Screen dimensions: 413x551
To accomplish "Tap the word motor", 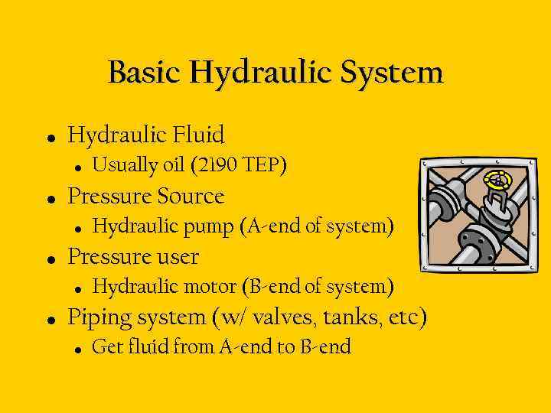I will (214, 287).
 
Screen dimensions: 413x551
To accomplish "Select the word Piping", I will (99, 317).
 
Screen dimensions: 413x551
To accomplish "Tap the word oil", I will (172, 165).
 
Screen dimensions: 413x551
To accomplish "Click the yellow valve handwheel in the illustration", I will (500, 181).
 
